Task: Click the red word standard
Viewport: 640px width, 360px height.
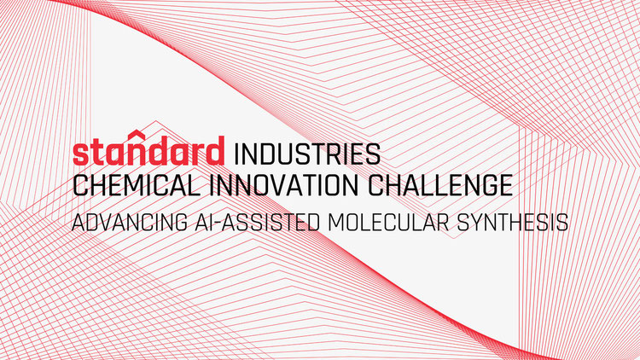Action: (x=148, y=148)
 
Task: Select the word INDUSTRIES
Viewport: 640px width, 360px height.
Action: (x=307, y=154)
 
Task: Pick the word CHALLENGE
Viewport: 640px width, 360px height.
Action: (x=440, y=185)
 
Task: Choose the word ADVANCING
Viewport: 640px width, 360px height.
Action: (x=130, y=222)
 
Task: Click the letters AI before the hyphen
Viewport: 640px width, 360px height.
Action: (x=201, y=222)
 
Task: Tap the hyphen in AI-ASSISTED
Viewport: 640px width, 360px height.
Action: (x=215, y=224)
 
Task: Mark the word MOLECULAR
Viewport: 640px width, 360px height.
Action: (x=388, y=222)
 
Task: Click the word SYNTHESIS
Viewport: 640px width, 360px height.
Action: (x=512, y=222)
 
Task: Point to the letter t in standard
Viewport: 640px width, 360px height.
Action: (x=102, y=152)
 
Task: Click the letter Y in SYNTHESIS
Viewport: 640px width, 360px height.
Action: (x=479, y=222)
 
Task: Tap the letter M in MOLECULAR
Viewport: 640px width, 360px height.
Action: (x=337, y=222)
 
